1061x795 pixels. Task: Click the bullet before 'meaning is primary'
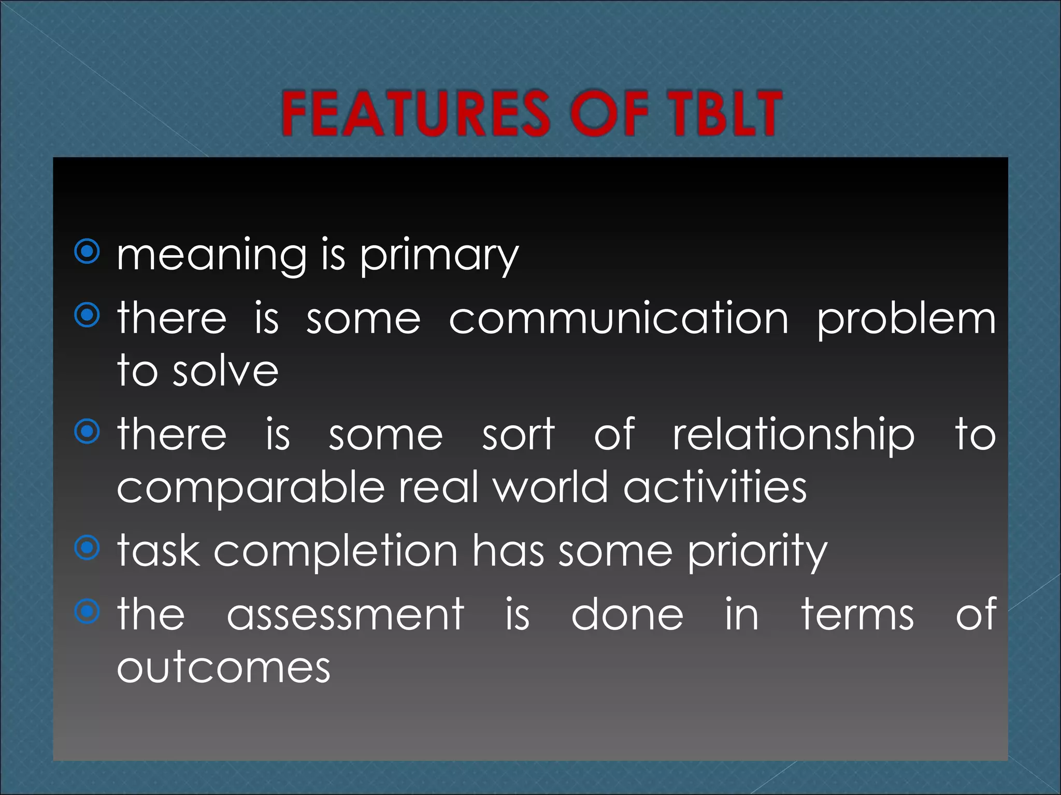click(87, 252)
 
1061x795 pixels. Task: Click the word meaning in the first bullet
click(212, 256)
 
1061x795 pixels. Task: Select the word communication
click(619, 318)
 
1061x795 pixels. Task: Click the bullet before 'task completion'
click(87, 548)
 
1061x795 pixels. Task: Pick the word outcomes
click(223, 668)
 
